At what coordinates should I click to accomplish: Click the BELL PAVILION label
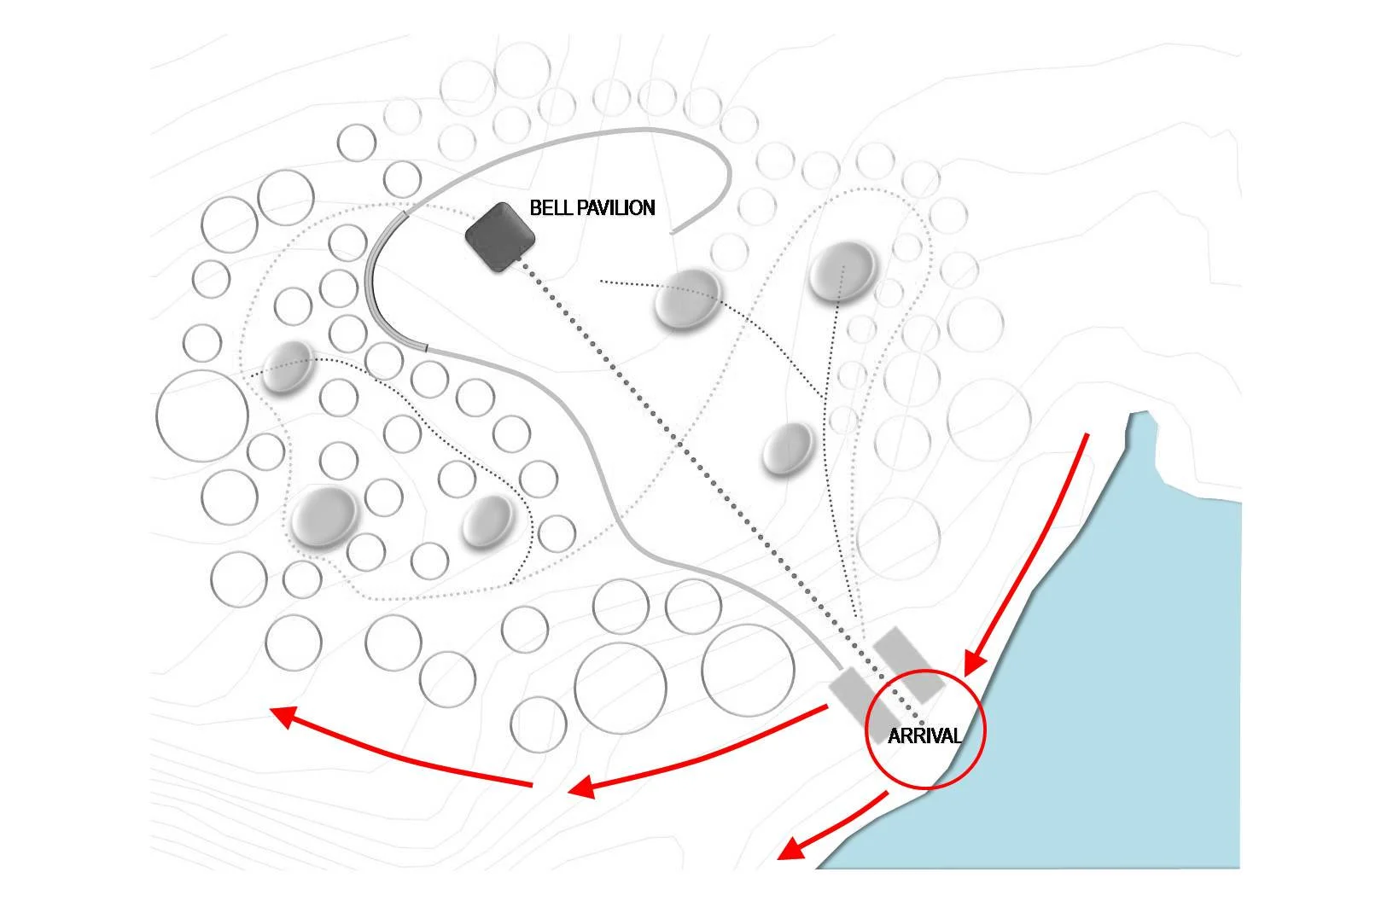(592, 207)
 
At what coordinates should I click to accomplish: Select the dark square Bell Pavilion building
(500, 237)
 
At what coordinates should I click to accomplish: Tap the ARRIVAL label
(924, 735)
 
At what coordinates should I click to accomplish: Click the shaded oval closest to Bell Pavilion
(687, 299)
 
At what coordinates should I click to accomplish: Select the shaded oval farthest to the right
(842, 271)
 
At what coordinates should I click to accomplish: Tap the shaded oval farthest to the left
(287, 366)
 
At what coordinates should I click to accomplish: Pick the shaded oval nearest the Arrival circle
(788, 448)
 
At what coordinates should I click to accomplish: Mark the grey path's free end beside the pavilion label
(673, 230)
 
